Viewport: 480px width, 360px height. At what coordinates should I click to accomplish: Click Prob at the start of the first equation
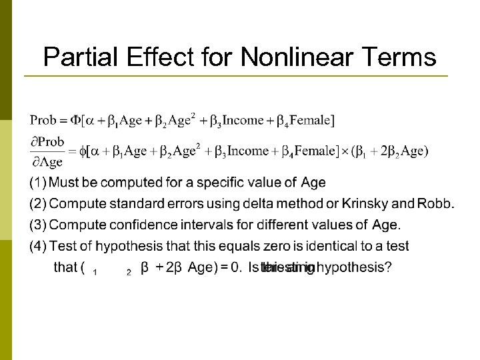pos(43,120)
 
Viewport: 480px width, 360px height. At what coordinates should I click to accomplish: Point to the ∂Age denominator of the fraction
pos(47,162)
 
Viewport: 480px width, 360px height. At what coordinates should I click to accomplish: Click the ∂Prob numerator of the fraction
pos(47,141)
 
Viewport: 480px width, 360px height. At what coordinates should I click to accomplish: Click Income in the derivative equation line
pos(247,151)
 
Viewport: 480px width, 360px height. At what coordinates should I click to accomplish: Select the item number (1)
pos(38,183)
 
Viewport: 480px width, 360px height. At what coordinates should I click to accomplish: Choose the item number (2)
pos(38,203)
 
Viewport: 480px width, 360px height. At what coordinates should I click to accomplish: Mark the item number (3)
pos(38,225)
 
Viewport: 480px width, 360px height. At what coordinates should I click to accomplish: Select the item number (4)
pos(38,246)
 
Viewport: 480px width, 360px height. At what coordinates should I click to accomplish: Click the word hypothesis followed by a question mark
pos(353,268)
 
